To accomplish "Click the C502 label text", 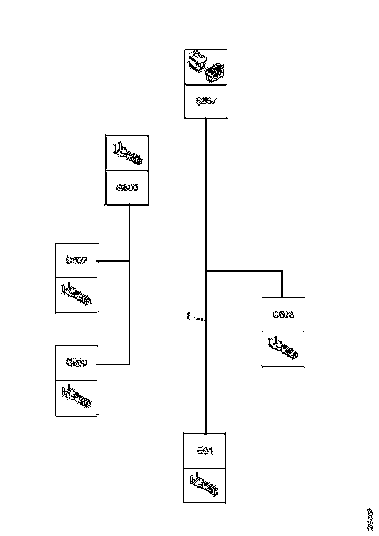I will pyautogui.click(x=76, y=260).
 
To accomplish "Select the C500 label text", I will pyautogui.click(x=76, y=363).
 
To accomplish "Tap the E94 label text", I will pyautogui.click(x=205, y=451).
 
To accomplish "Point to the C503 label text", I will pyautogui.click(x=127, y=187).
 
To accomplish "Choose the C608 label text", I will pyautogui.click(x=283, y=315).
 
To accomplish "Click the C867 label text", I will pyautogui.click(x=206, y=101).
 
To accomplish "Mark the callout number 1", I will pyautogui.click(x=188, y=317).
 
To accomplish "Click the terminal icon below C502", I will pyautogui.click(x=76, y=294).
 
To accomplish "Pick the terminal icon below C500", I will pyautogui.click(x=76, y=397).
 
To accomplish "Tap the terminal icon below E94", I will pyautogui.click(x=205, y=485).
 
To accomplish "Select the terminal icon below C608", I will pyautogui.click(x=283, y=349).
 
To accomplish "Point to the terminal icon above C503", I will pyautogui.click(x=127, y=153).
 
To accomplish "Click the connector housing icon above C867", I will pyautogui.click(x=206, y=67).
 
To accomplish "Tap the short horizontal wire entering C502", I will pyautogui.click(x=113, y=261).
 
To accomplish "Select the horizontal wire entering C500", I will pyautogui.click(x=113, y=364).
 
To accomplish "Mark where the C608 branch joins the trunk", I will pyautogui.click(x=206, y=270).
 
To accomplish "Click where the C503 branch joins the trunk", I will pyautogui.click(x=206, y=230).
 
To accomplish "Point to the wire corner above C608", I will pyautogui.click(x=282, y=271).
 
